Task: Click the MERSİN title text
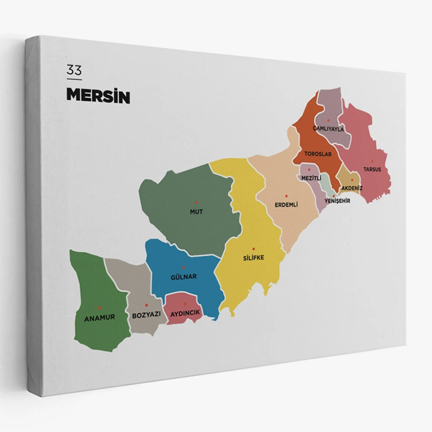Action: click(98, 96)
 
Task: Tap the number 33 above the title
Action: click(74, 70)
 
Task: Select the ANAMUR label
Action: click(100, 317)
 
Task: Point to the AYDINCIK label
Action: click(185, 313)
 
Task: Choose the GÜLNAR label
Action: click(184, 277)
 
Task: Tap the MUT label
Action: click(196, 212)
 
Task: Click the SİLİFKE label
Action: click(253, 258)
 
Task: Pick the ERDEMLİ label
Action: click(286, 205)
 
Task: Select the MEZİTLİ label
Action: click(311, 178)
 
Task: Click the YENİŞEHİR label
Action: click(337, 201)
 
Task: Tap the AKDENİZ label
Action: click(352, 188)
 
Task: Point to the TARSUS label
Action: click(372, 170)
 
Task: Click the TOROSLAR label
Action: click(318, 154)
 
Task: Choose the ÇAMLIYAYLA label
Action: click(328, 129)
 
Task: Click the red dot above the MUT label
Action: click(196, 202)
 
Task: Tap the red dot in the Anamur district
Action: click(99, 308)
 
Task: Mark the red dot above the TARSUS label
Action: click(372, 161)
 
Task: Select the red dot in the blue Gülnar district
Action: click(184, 268)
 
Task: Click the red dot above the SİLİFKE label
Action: click(253, 249)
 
